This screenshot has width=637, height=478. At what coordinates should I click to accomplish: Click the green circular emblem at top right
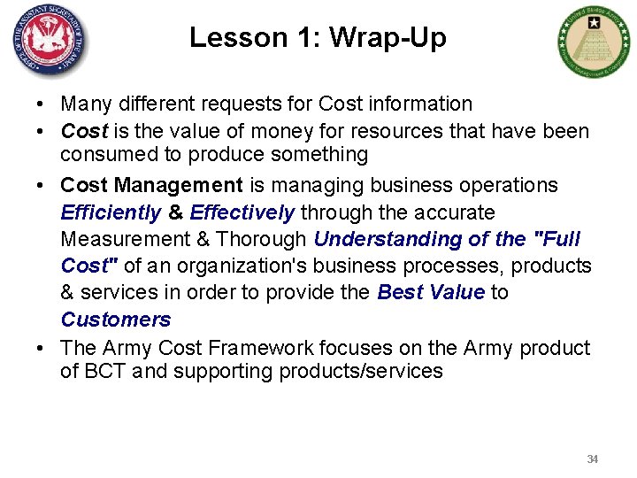click(x=594, y=42)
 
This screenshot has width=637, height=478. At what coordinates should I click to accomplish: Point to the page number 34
click(x=593, y=459)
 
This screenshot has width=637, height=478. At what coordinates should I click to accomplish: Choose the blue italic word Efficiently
click(x=111, y=212)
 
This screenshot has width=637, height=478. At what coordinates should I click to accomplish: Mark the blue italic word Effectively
click(x=242, y=212)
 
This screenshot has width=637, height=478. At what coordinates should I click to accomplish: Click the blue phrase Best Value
click(x=431, y=292)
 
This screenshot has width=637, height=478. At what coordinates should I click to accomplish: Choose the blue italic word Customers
click(x=116, y=319)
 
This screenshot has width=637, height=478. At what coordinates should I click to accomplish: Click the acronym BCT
click(x=104, y=371)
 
